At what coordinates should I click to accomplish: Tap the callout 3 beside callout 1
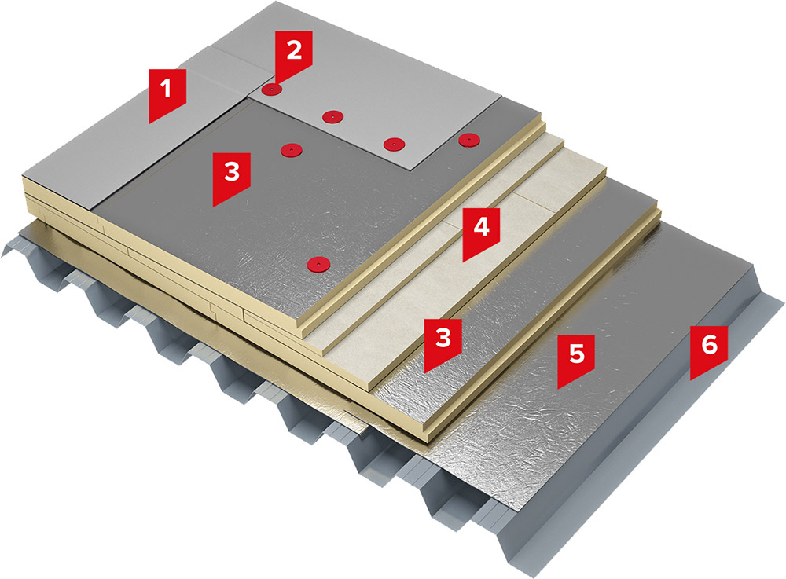point(231,171)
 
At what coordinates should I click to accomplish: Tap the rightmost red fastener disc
point(468,140)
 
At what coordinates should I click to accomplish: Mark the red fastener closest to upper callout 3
point(290,148)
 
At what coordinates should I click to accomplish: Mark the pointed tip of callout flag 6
point(692,379)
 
